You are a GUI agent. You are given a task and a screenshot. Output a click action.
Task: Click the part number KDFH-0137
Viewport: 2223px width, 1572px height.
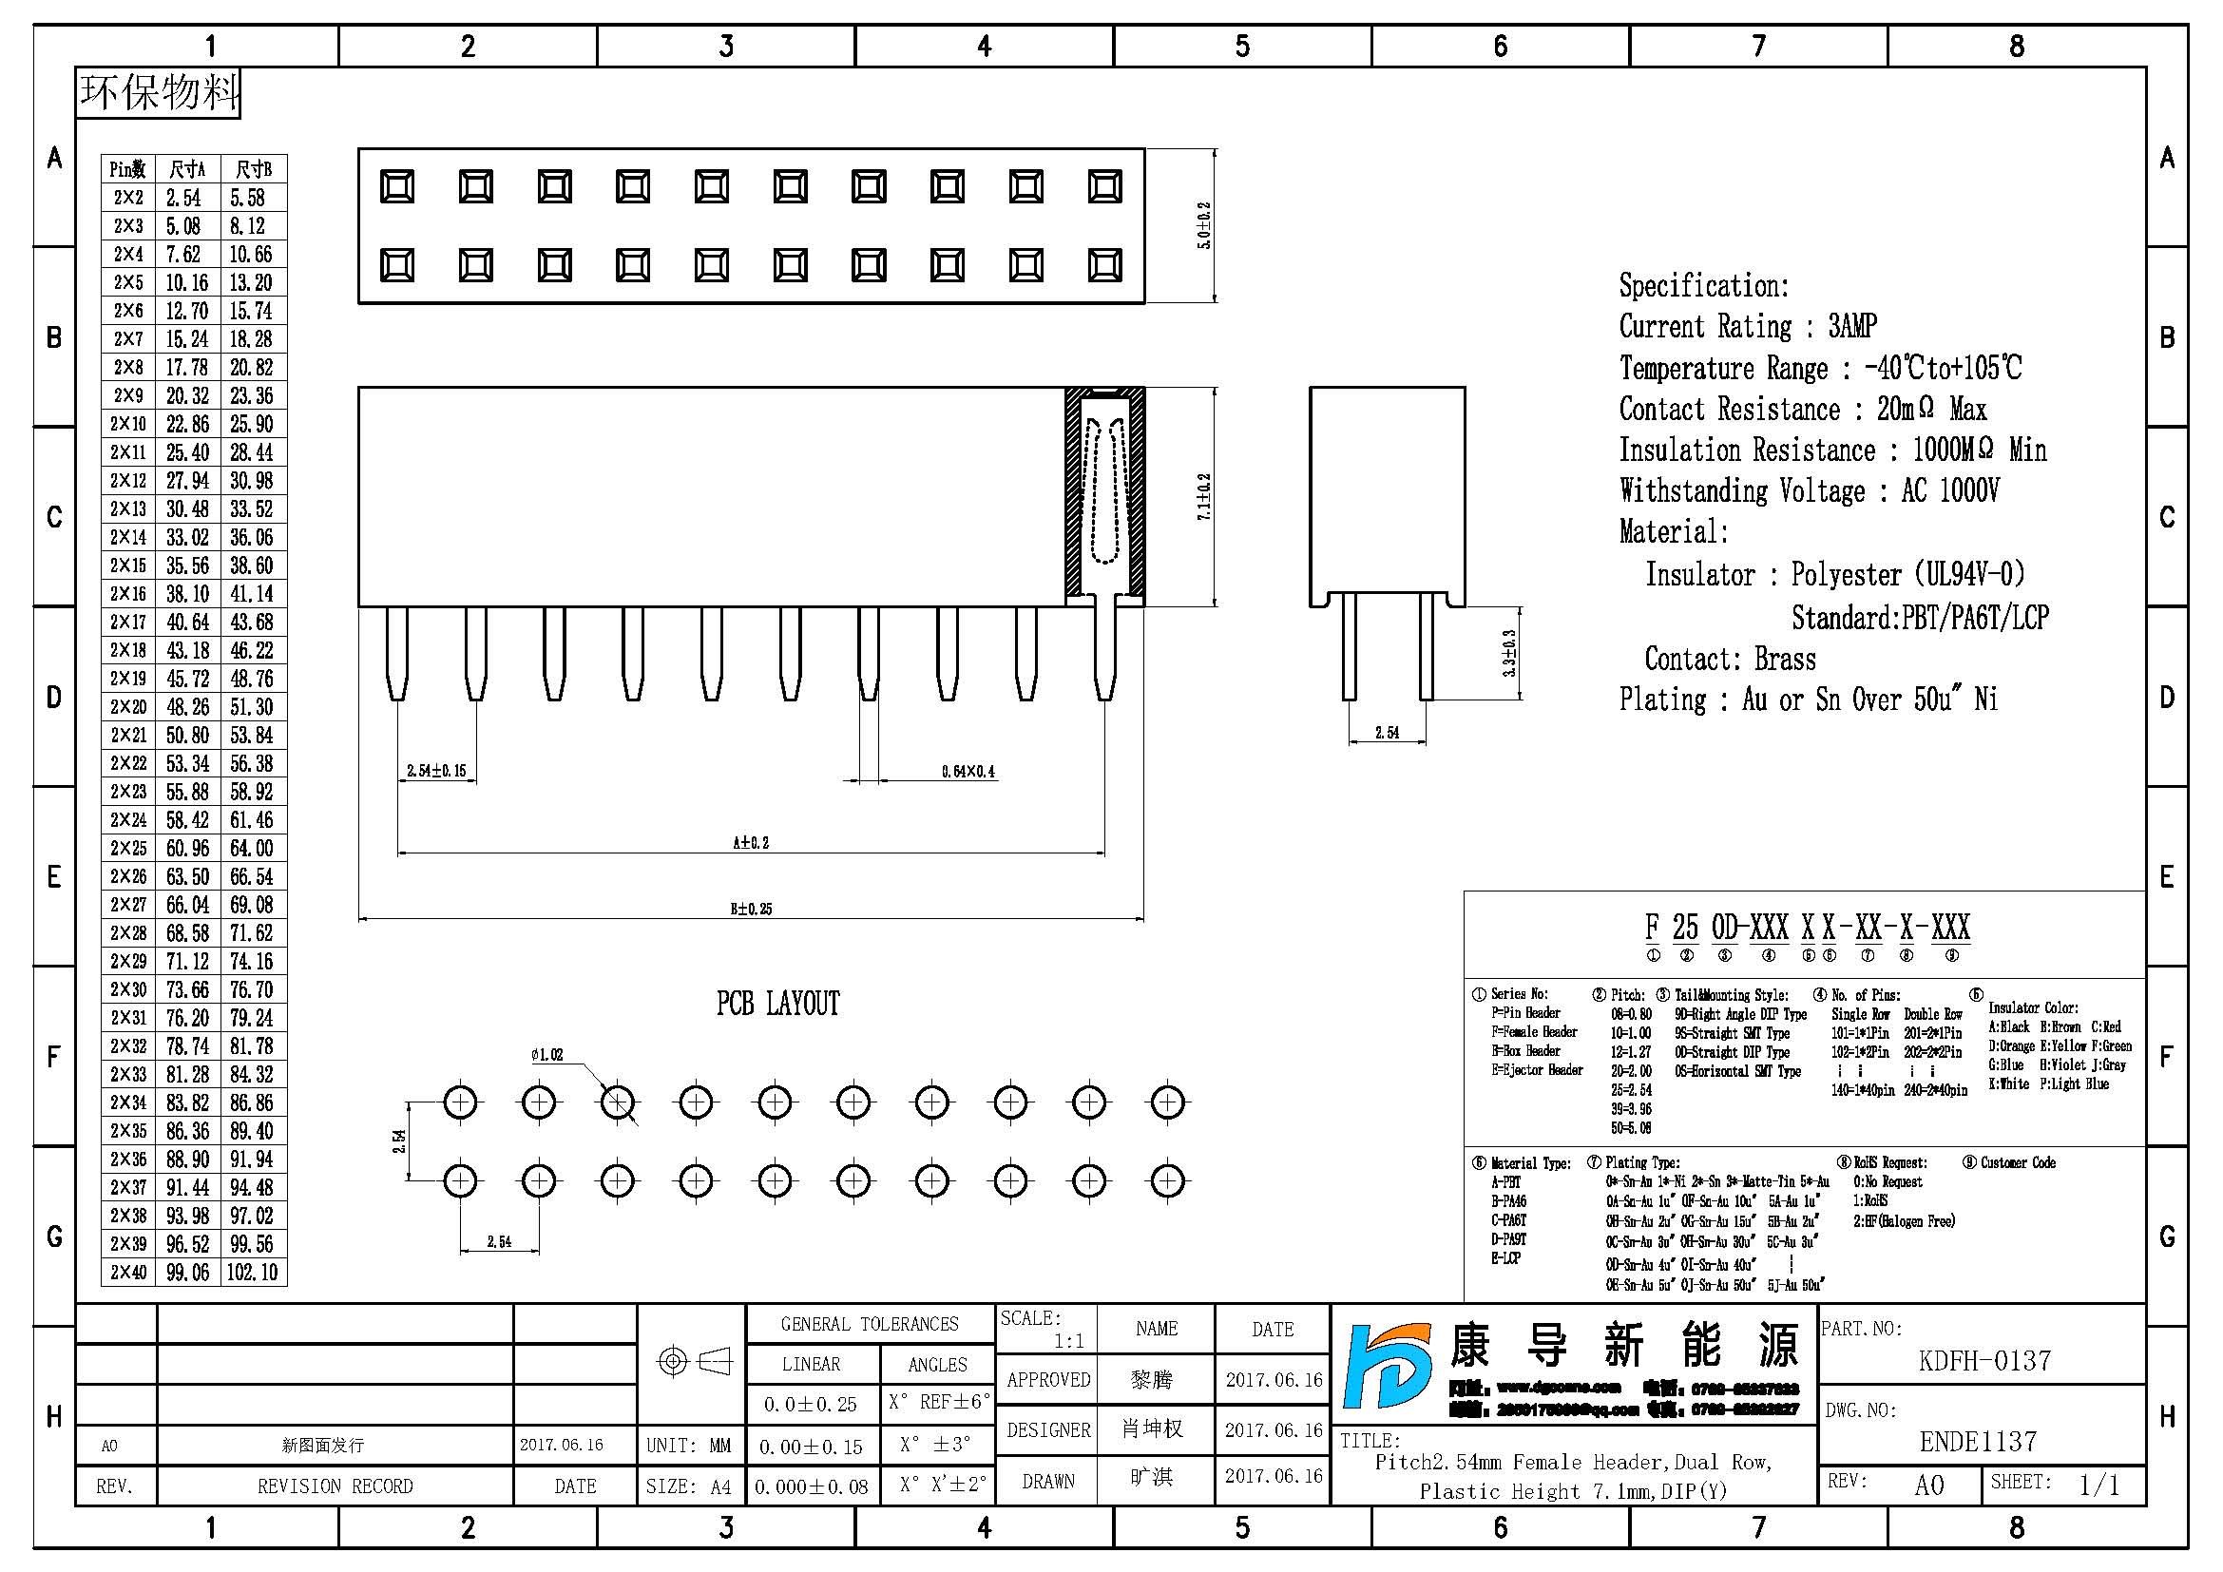pos(1983,1360)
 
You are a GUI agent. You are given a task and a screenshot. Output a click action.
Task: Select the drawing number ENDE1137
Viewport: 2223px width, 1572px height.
pos(1978,1442)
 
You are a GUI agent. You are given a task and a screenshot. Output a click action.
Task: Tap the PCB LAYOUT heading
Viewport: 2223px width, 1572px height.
pos(777,1004)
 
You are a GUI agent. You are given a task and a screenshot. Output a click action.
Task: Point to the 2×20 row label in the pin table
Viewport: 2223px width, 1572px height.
pos(127,706)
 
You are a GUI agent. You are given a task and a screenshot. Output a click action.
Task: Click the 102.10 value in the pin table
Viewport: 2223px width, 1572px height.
pos(252,1272)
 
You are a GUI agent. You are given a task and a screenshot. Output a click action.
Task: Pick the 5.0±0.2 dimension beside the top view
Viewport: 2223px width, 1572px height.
pos(1204,225)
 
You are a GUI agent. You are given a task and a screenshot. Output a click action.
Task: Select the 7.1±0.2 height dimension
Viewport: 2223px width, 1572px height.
pos(1204,496)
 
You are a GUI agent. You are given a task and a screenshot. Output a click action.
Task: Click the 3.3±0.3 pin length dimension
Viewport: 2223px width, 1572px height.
pos(1509,653)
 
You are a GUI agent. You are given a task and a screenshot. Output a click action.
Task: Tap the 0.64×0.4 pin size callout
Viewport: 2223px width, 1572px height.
pos(968,772)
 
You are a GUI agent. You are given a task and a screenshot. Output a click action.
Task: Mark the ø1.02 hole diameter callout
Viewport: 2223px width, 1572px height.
pos(546,1054)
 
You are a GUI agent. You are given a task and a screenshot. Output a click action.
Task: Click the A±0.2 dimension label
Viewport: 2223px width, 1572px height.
pos(751,842)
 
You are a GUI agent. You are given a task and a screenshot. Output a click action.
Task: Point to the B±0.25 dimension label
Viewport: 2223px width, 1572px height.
pos(751,908)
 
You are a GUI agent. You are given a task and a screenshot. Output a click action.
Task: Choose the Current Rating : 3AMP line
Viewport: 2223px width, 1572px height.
pos(1748,326)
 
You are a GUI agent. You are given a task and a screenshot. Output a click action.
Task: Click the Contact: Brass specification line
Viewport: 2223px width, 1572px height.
pos(1729,660)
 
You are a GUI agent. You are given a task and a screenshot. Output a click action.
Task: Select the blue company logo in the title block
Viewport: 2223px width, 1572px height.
pos(1387,1366)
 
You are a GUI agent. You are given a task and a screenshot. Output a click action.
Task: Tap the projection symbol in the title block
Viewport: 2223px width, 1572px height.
pos(693,1361)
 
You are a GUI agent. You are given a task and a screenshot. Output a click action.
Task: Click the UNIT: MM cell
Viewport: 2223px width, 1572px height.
pos(688,1446)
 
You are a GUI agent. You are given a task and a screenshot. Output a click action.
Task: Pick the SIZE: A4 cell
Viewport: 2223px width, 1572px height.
pos(688,1486)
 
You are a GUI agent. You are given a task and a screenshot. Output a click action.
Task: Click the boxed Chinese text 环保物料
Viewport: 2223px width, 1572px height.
pos(159,93)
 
